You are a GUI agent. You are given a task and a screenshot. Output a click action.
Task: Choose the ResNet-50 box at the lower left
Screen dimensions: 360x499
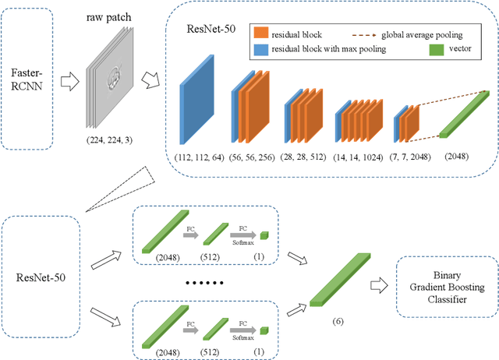(40, 276)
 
